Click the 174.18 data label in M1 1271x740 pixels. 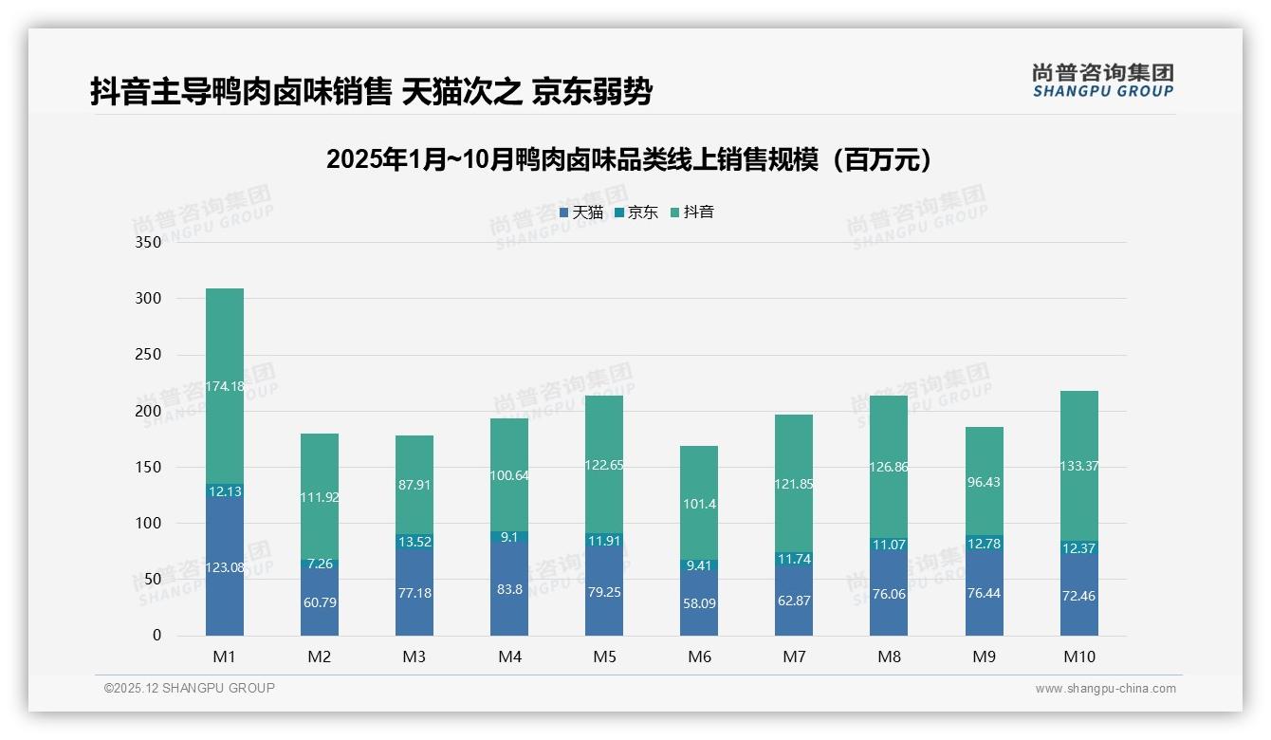point(225,386)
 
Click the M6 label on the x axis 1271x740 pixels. point(699,657)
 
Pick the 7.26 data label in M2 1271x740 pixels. point(320,564)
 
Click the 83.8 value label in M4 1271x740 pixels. point(509,589)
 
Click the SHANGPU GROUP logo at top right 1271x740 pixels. point(1102,81)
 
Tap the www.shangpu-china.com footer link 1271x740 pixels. point(1105,689)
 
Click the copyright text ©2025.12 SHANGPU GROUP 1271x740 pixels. point(190,688)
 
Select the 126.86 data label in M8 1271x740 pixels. point(889,467)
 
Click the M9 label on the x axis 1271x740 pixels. point(984,657)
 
